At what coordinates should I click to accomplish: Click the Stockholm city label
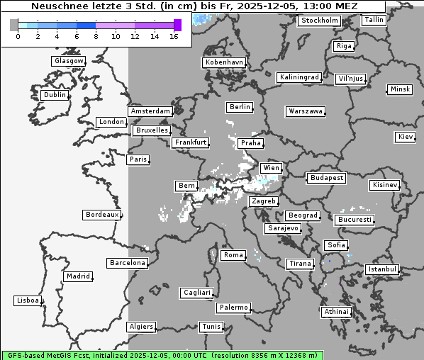[x=318, y=21]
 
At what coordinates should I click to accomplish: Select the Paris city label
[x=138, y=159]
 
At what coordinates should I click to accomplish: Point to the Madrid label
[x=78, y=276]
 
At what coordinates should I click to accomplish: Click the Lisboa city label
[x=28, y=300]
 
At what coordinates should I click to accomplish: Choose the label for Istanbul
[x=382, y=269]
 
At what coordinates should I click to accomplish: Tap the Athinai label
[x=336, y=312]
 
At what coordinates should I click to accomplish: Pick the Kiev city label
[x=406, y=136]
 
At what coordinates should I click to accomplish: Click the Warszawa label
[x=306, y=111]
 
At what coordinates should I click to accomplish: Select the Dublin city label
[x=55, y=95]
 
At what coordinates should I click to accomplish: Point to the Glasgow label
[x=69, y=61]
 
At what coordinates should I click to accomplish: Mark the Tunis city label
[x=211, y=327]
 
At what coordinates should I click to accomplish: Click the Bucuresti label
[x=355, y=220]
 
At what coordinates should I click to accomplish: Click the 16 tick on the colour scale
[x=174, y=36]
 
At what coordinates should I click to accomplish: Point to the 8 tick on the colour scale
[x=96, y=36]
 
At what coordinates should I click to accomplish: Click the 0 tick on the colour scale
[x=18, y=36]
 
